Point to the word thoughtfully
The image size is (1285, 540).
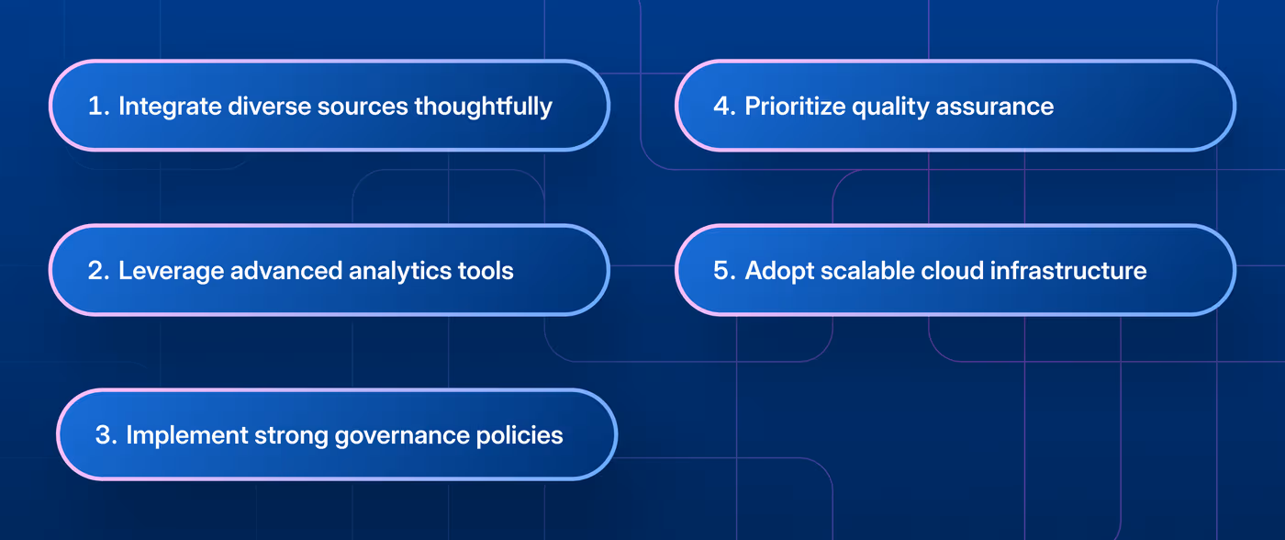[x=483, y=107]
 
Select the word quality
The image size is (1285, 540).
[x=891, y=107]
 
